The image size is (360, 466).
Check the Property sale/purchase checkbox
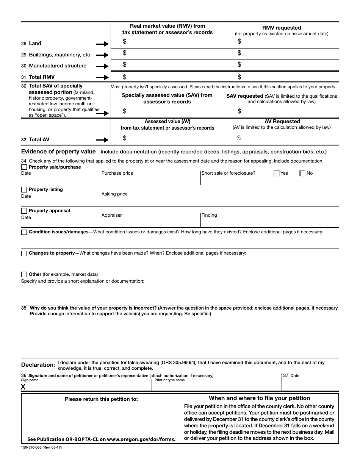coord(24,167)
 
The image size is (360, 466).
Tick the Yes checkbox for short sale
coord(277,174)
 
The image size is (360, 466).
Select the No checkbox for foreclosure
coord(302,174)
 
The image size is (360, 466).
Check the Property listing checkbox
coord(24,190)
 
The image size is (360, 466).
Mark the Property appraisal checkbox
coord(24,211)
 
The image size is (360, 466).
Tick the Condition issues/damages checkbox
coord(24,232)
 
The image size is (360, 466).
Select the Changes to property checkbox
coord(24,253)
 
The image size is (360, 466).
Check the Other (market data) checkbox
coord(24,275)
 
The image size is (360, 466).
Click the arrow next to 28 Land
coord(102,44)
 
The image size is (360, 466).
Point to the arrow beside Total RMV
coord(102,77)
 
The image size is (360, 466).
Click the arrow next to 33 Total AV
coord(102,140)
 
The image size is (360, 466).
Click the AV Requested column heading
coord(282,122)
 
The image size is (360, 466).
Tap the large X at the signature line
coord(23,387)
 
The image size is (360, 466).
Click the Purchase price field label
coord(117,173)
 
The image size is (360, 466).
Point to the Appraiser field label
coord(112,215)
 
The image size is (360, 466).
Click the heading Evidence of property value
coord(58,152)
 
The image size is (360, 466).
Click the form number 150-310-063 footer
coord(41,448)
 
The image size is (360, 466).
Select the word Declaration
coord(38,365)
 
